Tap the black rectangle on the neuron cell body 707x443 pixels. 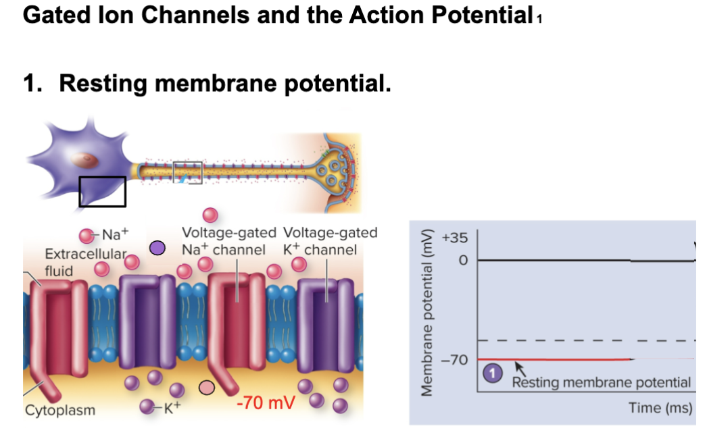pos(102,191)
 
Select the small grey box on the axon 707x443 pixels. pos(188,172)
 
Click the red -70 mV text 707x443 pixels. pos(266,403)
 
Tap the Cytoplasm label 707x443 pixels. pos(60,410)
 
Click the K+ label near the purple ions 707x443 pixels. pos(174,407)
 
